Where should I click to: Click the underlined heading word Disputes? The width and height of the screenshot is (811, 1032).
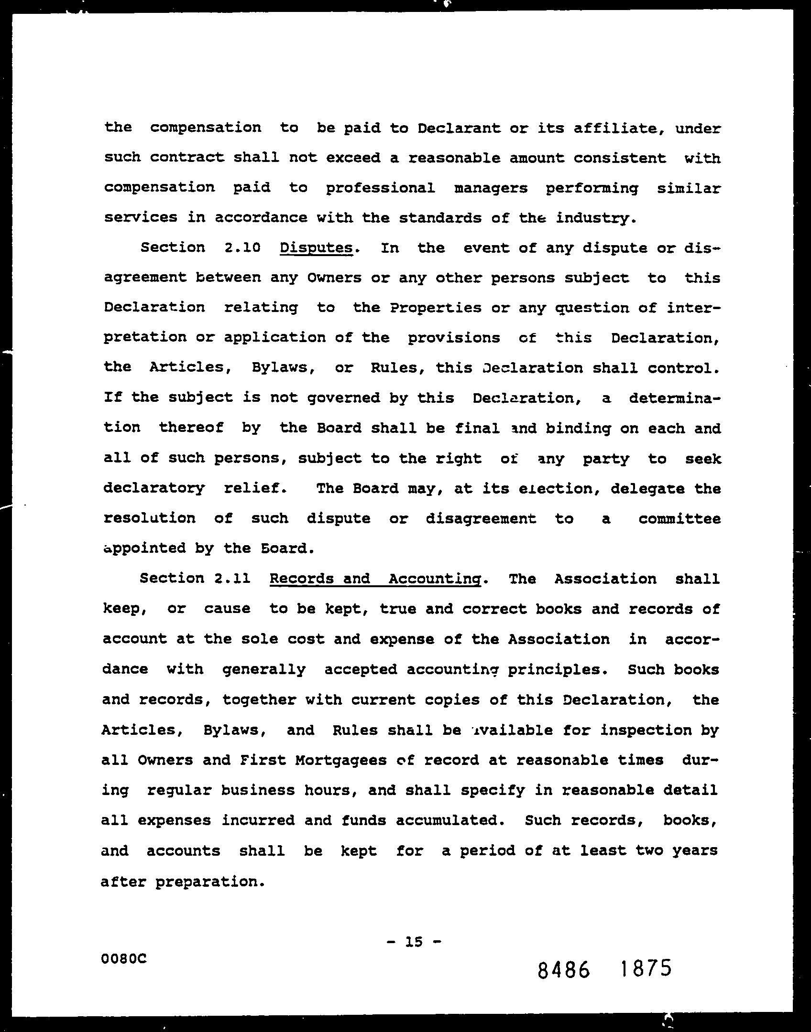(316, 248)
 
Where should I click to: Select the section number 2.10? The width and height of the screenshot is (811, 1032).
(242, 248)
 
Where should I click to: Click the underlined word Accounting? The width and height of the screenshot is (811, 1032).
(434, 579)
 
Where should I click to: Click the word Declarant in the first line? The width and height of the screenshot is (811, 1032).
(452, 128)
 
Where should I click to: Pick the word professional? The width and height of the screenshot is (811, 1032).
(380, 188)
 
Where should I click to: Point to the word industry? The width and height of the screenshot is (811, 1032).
(596, 218)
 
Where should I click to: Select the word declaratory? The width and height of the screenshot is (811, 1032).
(154, 488)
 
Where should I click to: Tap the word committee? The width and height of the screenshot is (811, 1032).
(679, 518)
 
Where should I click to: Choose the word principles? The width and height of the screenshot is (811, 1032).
(558, 669)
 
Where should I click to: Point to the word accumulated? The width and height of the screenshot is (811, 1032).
(450, 820)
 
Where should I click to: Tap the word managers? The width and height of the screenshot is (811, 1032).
(491, 188)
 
